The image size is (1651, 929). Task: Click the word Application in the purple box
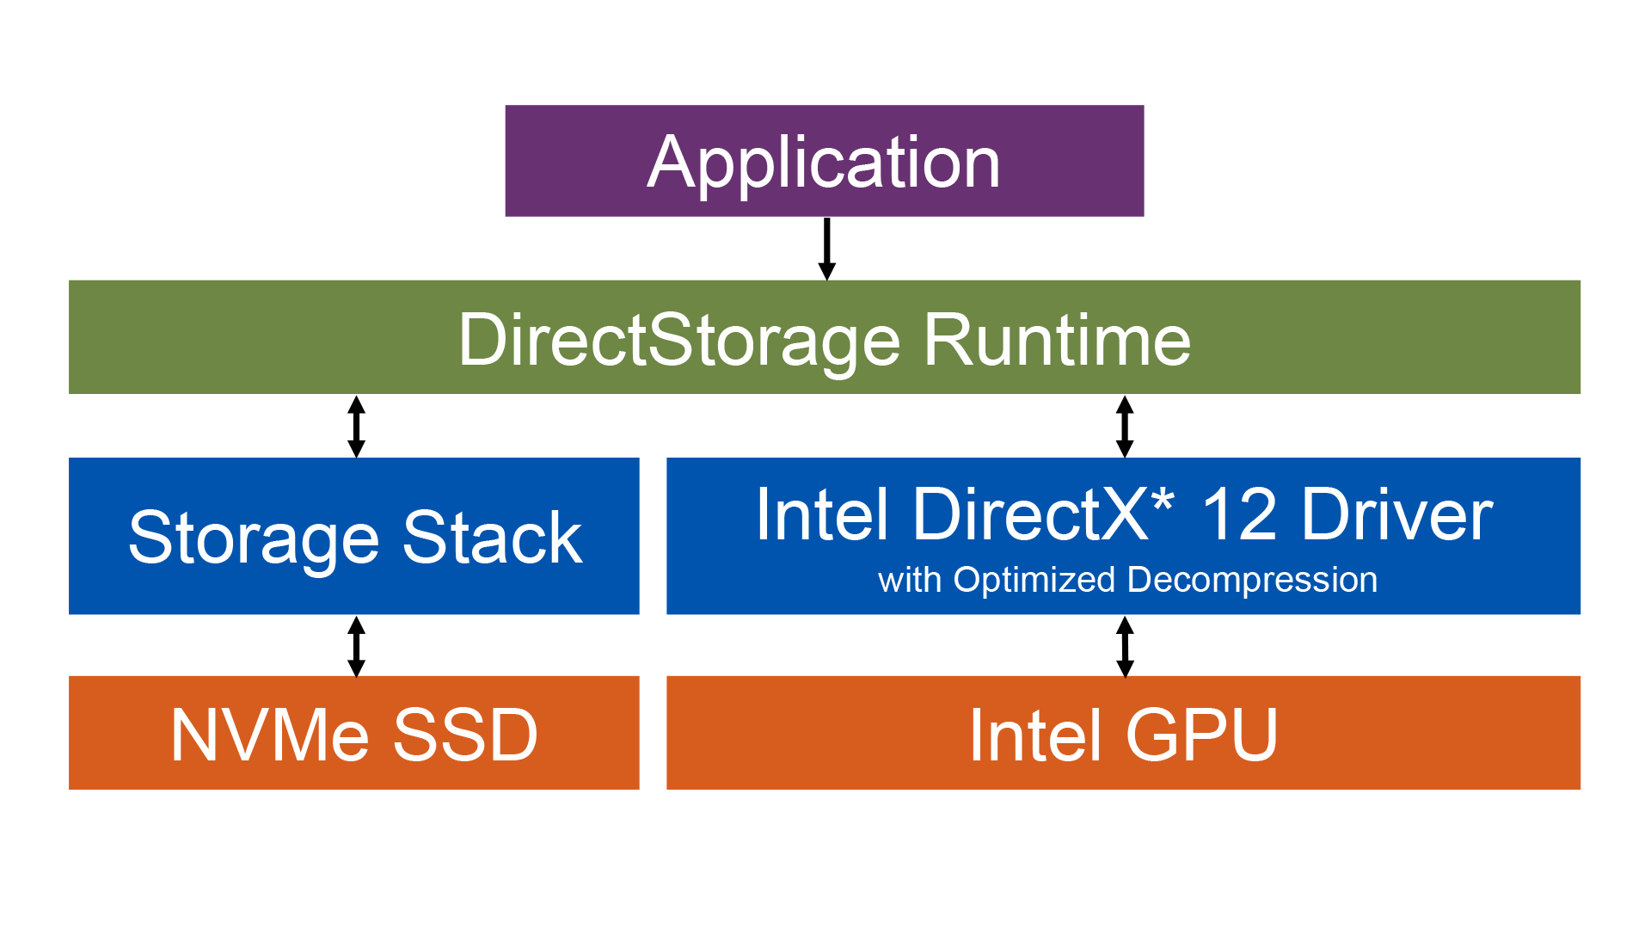pos(824,163)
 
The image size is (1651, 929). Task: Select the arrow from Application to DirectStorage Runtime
pos(826,249)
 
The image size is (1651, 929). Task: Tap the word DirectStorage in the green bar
pos(679,341)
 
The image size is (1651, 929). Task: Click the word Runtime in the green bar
pos(1057,341)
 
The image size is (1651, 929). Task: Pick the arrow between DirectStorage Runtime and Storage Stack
pos(356,427)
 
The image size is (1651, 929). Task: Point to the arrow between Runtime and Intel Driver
pos(1124,427)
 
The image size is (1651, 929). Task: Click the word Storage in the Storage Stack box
pos(254,538)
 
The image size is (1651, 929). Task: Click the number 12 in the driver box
pos(1238,516)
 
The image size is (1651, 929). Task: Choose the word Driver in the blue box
pos(1396,516)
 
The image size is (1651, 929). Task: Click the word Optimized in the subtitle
pos(1034,581)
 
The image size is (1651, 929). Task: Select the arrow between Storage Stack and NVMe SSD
pos(356,646)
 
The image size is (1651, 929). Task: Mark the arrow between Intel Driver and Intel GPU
pos(1124,646)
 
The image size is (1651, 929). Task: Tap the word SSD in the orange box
pos(465,735)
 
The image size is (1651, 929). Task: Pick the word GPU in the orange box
pos(1201,735)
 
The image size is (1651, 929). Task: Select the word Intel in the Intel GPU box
pos(1035,735)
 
